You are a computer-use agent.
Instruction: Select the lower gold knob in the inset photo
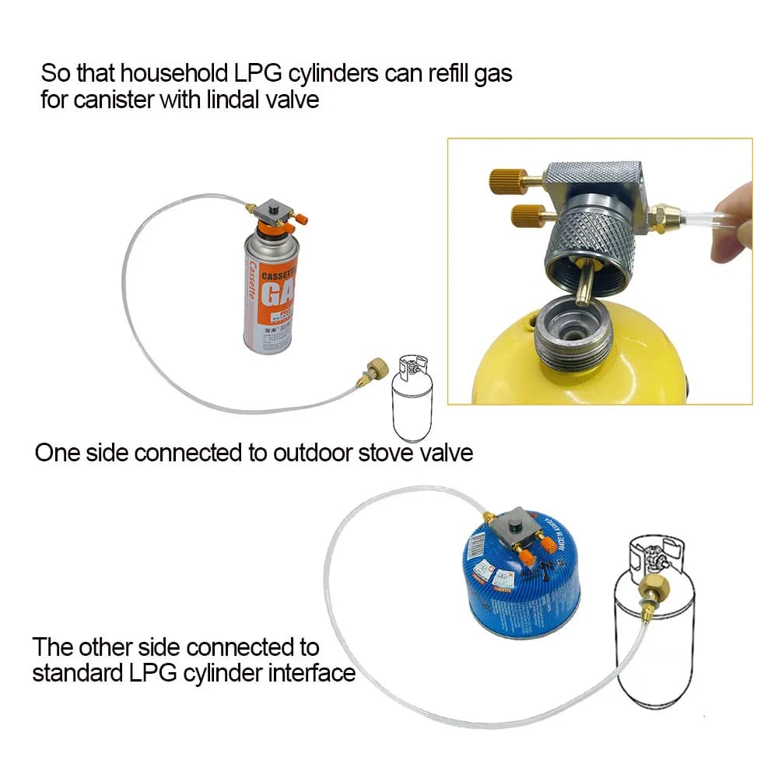522,216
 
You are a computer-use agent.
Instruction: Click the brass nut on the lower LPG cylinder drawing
650,585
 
